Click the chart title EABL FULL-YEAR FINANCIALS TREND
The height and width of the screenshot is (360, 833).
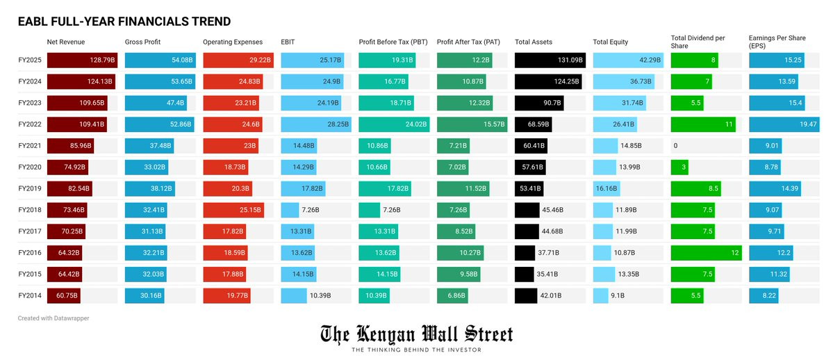pos(124,22)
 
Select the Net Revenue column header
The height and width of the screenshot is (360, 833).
pos(66,42)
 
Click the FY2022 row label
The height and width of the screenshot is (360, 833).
pos(30,124)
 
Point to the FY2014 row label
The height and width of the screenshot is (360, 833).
pos(30,295)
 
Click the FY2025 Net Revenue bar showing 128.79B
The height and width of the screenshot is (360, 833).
pos(82,60)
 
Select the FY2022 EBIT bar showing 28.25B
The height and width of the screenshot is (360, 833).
pos(316,124)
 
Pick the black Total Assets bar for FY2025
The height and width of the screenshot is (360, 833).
pos(550,60)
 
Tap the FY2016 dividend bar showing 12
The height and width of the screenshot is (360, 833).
pos(706,253)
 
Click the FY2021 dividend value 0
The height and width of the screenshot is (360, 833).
pos(675,146)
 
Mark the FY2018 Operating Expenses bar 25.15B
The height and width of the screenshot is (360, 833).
pos(233,210)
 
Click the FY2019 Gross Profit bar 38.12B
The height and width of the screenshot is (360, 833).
pos(149,188)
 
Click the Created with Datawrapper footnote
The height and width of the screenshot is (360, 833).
pos(53,318)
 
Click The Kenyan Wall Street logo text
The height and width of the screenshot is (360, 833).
pos(416,335)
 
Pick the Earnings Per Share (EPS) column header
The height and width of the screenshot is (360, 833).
pos(777,42)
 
